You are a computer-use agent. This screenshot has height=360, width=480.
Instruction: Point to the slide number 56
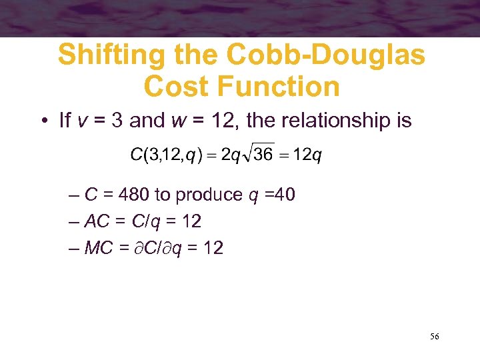point(434,337)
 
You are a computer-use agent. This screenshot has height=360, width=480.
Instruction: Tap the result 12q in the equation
point(308,156)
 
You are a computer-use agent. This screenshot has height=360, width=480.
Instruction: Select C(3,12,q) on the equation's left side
point(163,156)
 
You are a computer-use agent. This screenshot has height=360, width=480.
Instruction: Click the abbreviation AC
point(97,221)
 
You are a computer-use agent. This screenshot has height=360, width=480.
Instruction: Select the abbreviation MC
point(98,248)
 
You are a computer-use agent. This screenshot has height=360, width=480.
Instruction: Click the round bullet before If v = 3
point(42,121)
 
